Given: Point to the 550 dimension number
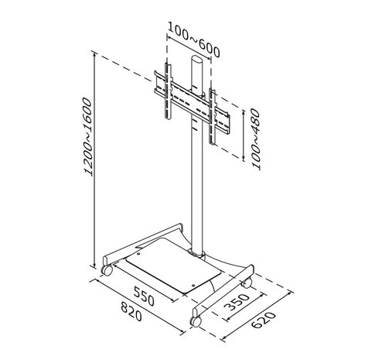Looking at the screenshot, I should coord(145,297).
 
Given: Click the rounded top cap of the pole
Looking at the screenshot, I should coord(198,61).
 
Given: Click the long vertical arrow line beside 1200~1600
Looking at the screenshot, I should coord(94,155).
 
